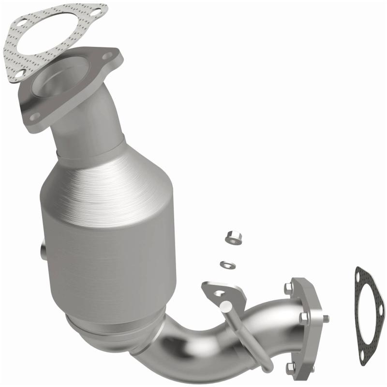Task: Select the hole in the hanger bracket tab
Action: [219, 292]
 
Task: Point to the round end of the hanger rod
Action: [226, 306]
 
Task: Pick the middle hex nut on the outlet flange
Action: [303, 318]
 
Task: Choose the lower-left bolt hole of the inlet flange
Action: [34, 116]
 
